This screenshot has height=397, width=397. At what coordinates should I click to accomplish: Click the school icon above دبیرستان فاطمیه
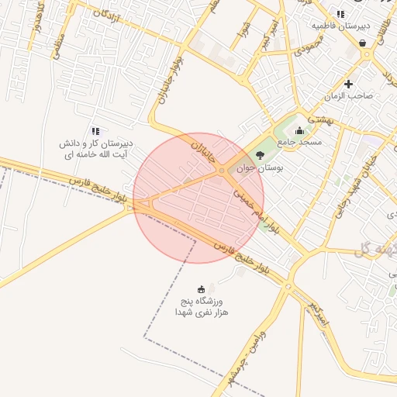pyautogui.click(x=341, y=14)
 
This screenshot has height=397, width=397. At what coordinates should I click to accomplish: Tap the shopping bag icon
pyautogui.click(x=363, y=44)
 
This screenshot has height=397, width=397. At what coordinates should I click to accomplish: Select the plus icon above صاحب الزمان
pyautogui.click(x=349, y=84)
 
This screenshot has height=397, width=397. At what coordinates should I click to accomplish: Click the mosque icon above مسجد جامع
pyautogui.click(x=300, y=130)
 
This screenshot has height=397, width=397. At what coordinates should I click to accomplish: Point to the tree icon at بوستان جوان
pyautogui.click(x=260, y=155)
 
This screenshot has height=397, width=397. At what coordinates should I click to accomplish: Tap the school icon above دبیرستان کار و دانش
pyautogui.click(x=95, y=132)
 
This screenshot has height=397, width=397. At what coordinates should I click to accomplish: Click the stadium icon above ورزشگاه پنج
pyautogui.click(x=202, y=288)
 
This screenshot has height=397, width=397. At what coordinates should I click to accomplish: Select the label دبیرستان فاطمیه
pyautogui.click(x=340, y=26)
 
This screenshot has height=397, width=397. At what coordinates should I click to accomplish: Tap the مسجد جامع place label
pyautogui.click(x=306, y=142)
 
